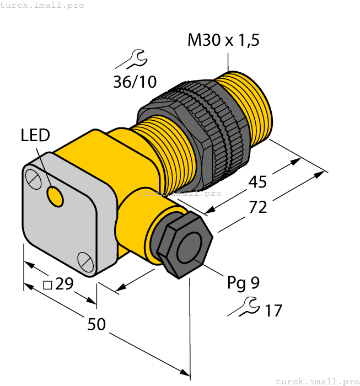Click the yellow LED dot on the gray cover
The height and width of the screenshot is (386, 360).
click(55, 197)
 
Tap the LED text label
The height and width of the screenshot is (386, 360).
click(35, 135)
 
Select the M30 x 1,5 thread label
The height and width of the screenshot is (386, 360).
click(223, 40)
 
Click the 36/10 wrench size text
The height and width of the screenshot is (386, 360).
click(135, 82)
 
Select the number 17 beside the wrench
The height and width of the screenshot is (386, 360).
click(273, 311)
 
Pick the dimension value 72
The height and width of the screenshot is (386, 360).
click(258, 207)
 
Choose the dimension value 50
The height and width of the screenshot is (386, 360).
click(96, 325)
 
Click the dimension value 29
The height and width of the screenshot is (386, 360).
click(64, 284)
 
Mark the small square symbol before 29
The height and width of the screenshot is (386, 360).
click(48, 285)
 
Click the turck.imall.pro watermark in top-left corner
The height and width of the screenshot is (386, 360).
click(42, 5)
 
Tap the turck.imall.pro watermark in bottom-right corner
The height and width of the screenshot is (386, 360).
click(316, 381)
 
